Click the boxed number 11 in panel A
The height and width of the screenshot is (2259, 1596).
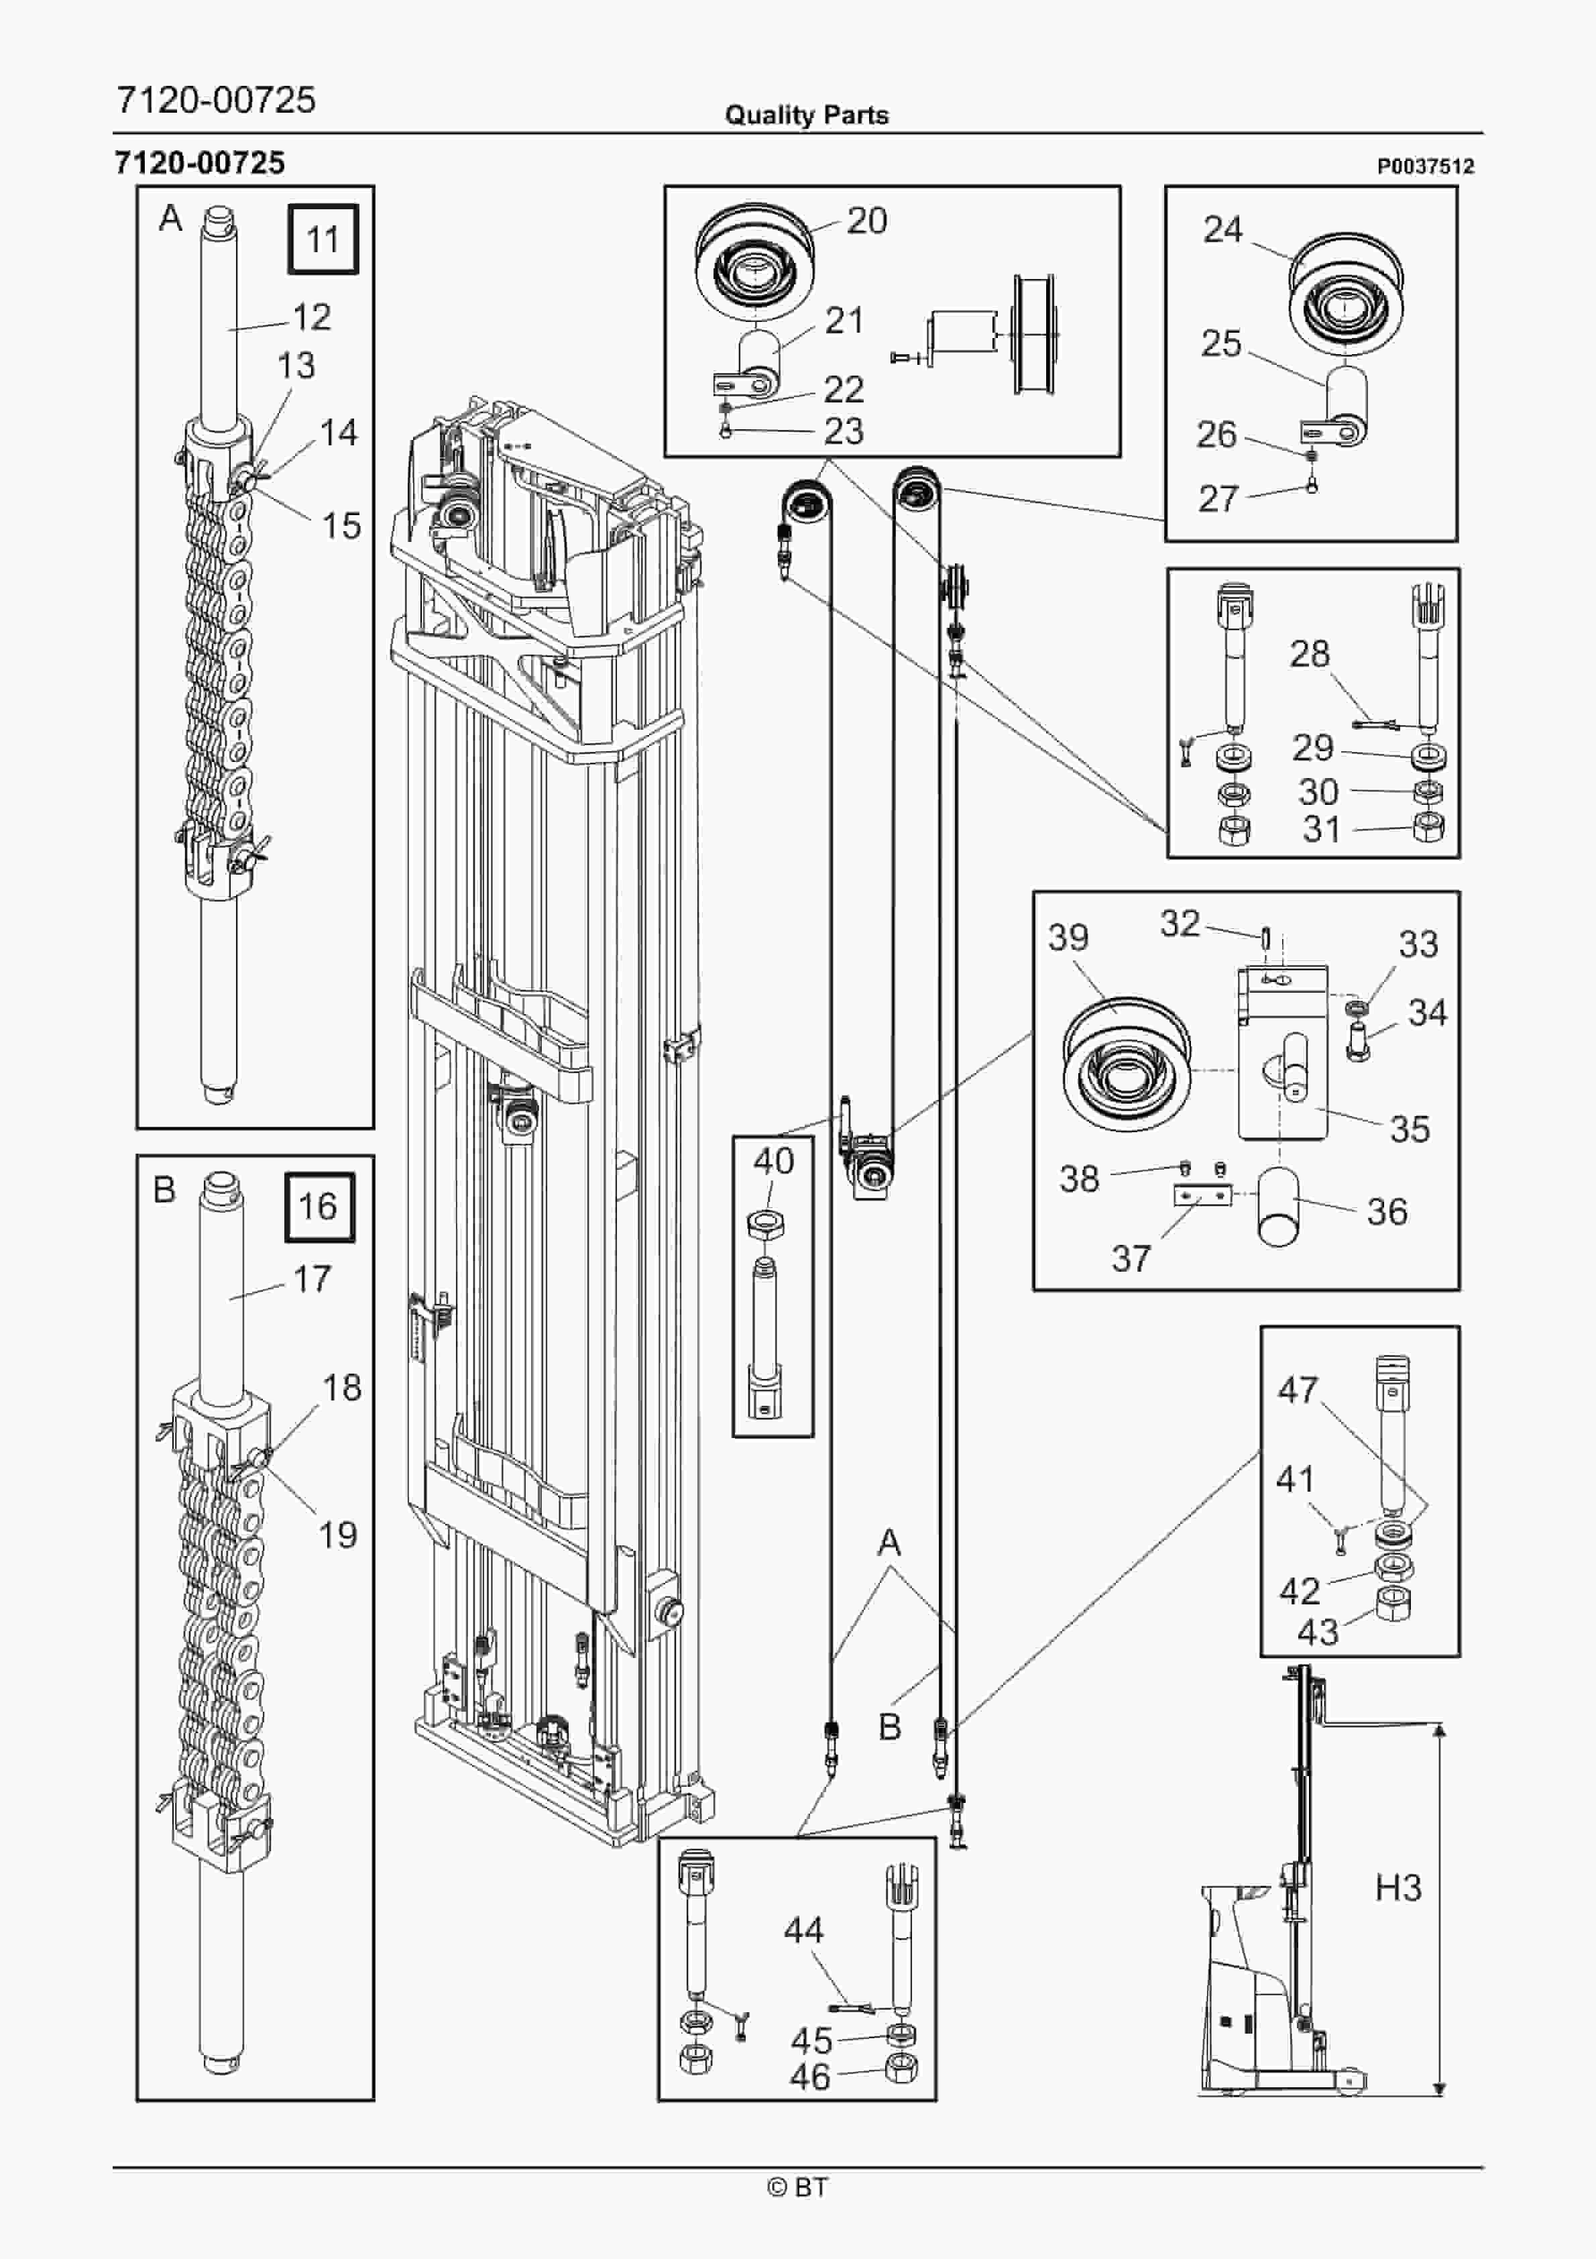323,239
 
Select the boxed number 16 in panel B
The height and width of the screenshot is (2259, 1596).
319,1206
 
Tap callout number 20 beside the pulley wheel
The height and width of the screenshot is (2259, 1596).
867,221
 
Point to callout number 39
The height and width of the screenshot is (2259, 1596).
1069,936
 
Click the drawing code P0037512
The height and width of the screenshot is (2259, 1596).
1425,166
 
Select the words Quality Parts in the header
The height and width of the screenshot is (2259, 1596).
806,115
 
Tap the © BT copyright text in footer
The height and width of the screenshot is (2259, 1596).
798,2187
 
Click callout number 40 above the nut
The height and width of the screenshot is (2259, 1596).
773,1161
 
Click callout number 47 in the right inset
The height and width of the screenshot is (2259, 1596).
1297,1389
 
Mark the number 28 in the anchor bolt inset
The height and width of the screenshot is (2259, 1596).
1310,653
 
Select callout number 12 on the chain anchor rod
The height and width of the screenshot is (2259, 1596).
312,317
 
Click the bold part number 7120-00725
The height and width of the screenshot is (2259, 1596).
200,162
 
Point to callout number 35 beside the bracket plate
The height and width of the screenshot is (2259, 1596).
1409,1129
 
